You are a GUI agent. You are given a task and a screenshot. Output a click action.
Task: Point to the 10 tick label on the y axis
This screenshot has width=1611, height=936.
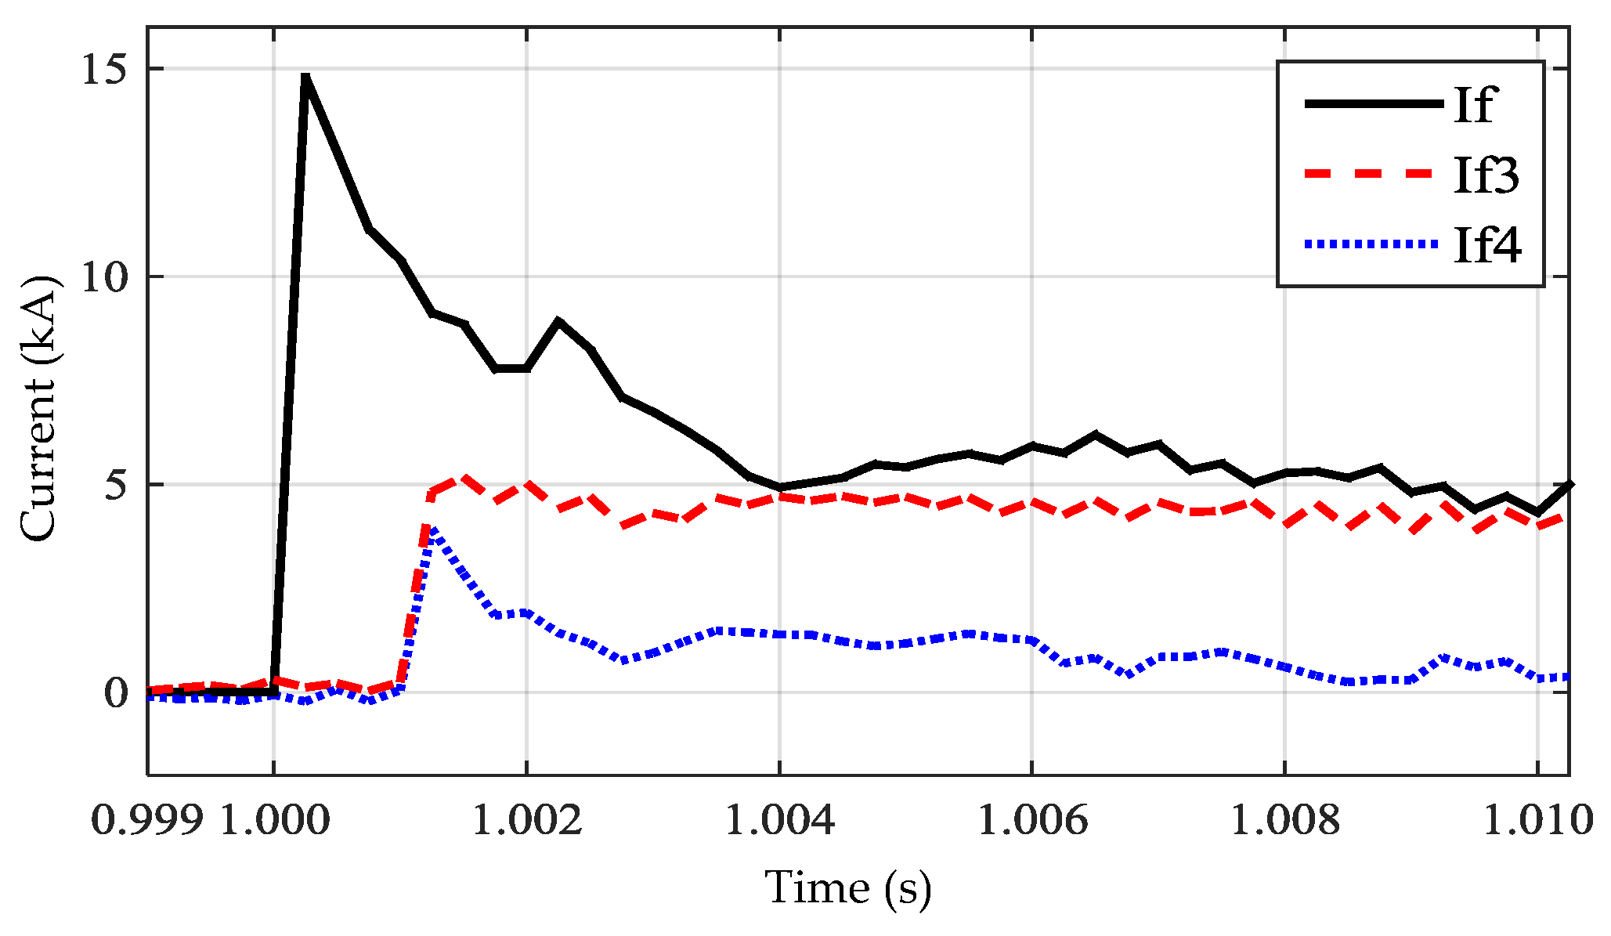(x=104, y=278)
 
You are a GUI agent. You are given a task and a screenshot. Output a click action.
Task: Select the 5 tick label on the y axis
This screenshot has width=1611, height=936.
(x=114, y=486)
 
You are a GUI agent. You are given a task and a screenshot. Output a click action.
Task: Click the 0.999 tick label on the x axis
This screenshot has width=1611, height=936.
(x=147, y=821)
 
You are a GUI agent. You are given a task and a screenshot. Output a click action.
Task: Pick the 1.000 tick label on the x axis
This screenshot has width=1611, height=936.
(x=274, y=821)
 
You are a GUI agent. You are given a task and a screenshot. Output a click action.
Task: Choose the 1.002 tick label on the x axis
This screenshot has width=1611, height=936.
(x=527, y=821)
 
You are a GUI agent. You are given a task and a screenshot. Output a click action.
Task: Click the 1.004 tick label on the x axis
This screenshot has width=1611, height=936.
(x=780, y=821)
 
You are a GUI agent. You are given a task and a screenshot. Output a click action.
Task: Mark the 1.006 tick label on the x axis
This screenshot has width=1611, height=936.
(x=1033, y=821)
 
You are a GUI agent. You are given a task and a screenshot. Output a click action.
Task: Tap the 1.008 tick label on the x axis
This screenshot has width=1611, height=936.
(x=1286, y=821)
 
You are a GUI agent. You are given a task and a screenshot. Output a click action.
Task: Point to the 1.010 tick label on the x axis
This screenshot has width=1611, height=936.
(x=1538, y=821)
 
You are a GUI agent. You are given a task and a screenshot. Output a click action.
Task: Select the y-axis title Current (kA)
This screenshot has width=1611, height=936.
(x=39, y=409)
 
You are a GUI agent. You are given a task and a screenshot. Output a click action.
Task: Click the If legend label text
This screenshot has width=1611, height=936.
(x=1475, y=104)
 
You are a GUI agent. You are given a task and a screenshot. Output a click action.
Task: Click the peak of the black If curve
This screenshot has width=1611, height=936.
(x=305, y=78)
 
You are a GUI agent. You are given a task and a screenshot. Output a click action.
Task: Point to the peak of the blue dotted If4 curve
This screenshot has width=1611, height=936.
(x=432, y=530)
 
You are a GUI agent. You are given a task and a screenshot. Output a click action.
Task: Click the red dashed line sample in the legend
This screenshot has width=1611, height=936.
(x=1372, y=174)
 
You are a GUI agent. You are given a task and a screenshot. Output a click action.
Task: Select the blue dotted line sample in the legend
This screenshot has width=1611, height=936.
(x=1372, y=244)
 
